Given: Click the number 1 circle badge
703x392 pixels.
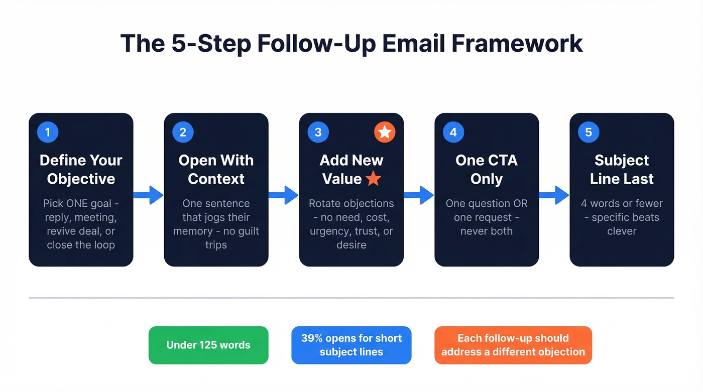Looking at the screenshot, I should (x=48, y=133).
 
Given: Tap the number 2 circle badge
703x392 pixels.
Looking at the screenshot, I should (x=183, y=133).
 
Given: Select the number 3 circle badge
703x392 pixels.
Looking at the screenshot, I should (x=318, y=133).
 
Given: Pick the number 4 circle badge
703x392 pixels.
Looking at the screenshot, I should (x=453, y=133).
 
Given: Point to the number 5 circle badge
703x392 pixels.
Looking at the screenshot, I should (x=589, y=133).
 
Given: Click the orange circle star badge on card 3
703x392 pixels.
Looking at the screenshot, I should (x=385, y=133).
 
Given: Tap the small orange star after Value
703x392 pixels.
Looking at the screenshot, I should (x=373, y=179).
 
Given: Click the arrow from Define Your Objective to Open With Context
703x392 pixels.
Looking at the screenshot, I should (x=149, y=195).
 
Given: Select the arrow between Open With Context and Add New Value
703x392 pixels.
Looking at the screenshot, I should (x=284, y=195).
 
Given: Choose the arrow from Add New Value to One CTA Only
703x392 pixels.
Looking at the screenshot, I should (x=419, y=195).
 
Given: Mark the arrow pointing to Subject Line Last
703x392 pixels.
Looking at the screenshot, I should (x=554, y=195).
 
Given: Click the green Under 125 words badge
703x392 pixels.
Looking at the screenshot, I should (x=208, y=345).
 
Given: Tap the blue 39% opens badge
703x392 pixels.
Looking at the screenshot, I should (x=351, y=345).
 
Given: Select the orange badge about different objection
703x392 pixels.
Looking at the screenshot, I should (x=513, y=345).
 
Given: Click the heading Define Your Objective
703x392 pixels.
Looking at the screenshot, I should (x=81, y=170).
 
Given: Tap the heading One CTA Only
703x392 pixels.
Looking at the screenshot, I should (x=486, y=170).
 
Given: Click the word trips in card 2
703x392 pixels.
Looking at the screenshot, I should (x=216, y=245).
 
